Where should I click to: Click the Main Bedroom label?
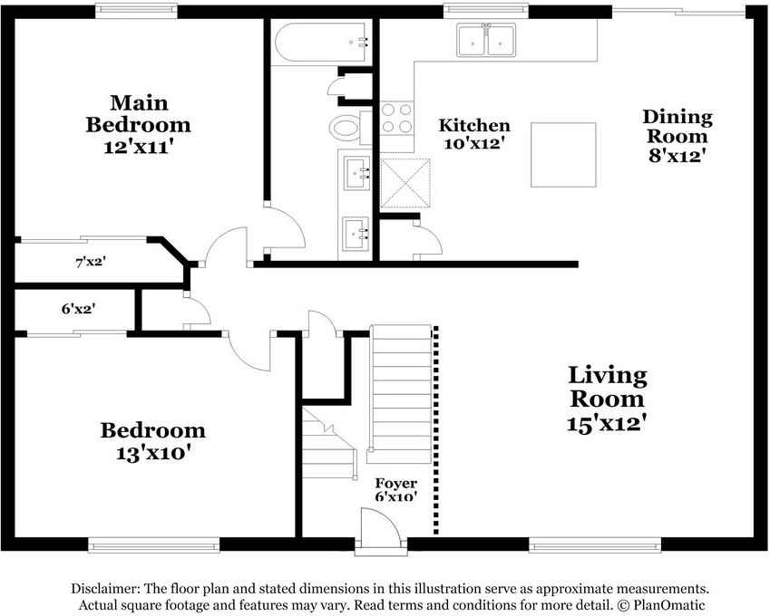click(139, 113)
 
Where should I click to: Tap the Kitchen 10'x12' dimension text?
click(474, 144)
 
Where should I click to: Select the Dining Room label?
click(677, 127)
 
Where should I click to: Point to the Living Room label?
click(608, 387)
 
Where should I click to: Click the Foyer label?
click(395, 483)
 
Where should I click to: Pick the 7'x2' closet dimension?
click(91, 262)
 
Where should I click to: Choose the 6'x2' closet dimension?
click(78, 309)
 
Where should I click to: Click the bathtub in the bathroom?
click(319, 43)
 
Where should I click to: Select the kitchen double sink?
click(486, 40)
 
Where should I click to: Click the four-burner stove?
click(396, 118)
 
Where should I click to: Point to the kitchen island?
click(563, 155)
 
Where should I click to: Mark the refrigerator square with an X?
click(405, 183)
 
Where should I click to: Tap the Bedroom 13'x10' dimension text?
click(153, 453)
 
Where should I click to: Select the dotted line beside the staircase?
click(436, 430)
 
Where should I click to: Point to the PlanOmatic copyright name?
click(668, 605)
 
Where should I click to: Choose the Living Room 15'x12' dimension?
click(607, 424)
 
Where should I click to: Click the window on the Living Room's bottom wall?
click(595, 544)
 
